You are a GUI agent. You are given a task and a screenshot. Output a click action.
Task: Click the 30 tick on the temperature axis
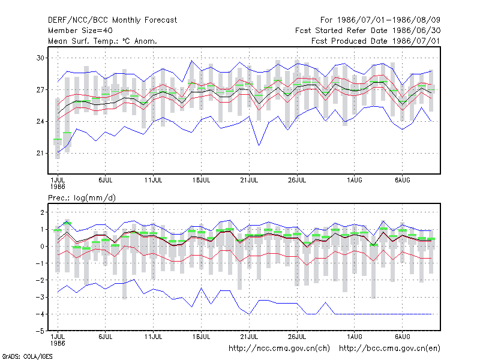pos(40,58)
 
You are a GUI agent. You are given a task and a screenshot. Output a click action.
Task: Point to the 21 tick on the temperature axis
pos(40,153)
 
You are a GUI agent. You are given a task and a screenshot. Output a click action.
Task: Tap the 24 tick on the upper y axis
pos(40,122)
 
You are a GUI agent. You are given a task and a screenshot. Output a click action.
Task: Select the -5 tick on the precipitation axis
pos(40,331)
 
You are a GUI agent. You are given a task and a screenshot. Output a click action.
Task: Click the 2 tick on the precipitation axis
pos(42,212)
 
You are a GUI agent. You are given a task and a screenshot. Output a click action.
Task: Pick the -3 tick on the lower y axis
pos(40,297)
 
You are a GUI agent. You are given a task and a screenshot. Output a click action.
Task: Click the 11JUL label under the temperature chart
pos(154,180)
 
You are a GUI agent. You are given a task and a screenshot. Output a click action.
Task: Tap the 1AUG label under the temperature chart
pos(355,180)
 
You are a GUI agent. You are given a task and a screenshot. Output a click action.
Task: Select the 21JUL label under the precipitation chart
pos(249,337)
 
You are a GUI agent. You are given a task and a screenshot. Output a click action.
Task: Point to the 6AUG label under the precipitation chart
pos(402,337)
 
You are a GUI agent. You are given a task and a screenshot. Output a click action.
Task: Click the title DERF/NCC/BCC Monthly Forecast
pos(112,20)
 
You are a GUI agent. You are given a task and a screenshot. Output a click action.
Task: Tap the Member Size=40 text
pos(80,31)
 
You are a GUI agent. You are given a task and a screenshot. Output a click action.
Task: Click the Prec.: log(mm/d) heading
pos(82,198)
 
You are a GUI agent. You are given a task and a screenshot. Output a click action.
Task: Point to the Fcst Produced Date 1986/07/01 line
pos(376,41)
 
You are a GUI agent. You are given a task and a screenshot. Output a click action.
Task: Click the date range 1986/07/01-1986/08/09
pos(388,20)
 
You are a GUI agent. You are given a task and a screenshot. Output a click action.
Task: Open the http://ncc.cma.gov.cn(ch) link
pos(279,349)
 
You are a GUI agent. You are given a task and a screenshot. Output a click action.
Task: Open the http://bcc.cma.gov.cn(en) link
pos(389,349)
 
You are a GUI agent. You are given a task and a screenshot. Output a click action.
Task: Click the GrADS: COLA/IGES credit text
pos(27,356)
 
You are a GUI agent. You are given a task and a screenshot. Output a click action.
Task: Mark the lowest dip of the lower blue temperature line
pos(259,145)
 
